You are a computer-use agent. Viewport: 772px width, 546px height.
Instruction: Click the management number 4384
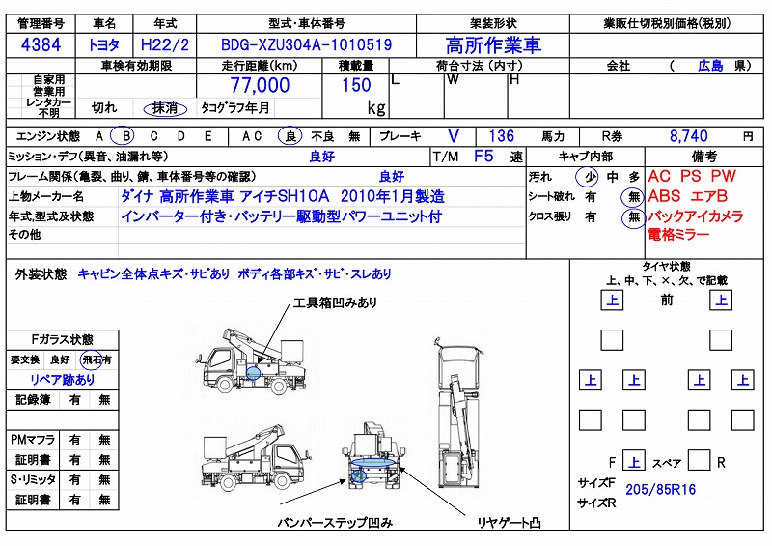pos(42,44)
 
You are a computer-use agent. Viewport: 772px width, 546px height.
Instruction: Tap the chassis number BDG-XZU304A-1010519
pos(306,43)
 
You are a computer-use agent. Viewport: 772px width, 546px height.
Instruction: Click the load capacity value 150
pos(357,85)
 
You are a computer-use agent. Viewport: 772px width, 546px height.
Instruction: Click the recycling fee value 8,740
pos(688,136)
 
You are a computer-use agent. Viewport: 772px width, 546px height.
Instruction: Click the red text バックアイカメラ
pos(695,216)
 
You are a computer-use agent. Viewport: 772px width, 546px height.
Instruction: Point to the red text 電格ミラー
pos(678,235)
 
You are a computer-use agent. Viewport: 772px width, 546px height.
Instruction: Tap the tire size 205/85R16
pos(661,489)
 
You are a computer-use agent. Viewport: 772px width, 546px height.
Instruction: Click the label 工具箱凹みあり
pos(336,302)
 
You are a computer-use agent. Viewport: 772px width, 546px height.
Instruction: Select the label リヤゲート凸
pos(509,523)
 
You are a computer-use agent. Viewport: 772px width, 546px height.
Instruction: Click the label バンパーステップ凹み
pos(335,523)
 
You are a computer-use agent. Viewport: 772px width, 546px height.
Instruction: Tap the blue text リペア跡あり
pos(63,379)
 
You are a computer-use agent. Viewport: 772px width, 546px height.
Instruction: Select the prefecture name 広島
pos(710,66)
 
